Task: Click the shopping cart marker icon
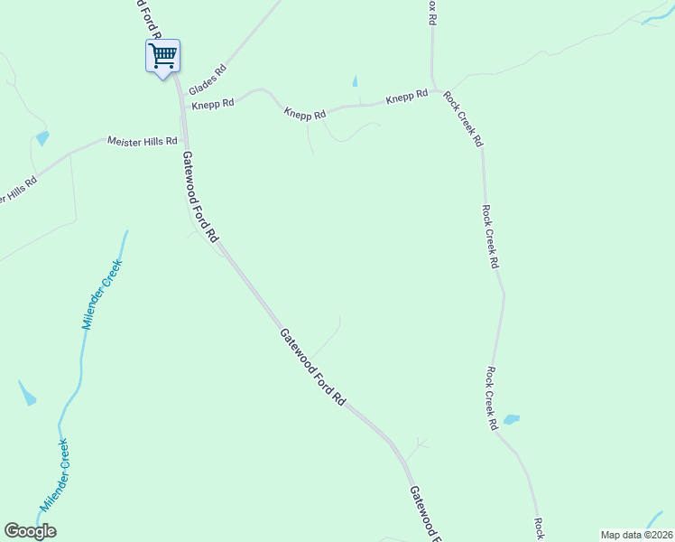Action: (162, 56)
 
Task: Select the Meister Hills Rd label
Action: (143, 141)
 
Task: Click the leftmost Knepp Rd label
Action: (213, 104)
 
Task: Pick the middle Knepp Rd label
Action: (304, 113)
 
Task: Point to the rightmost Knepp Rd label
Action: (407, 96)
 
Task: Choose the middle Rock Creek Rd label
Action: (489, 237)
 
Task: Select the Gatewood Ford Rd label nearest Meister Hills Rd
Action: (200, 196)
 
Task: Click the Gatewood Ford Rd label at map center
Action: (312, 365)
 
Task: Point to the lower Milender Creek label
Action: (54, 475)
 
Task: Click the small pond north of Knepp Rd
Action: (355, 81)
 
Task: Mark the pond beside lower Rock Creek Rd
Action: (511, 419)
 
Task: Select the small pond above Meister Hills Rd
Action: (42, 138)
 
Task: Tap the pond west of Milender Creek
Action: (27, 394)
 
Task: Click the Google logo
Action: (30, 531)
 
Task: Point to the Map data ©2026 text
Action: (636, 535)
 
